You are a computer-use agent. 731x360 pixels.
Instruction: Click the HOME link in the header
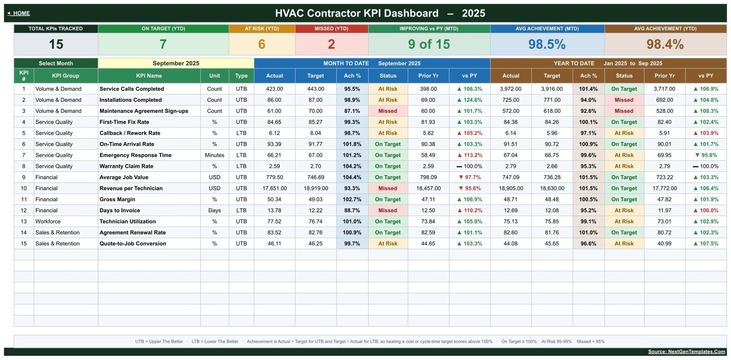coord(19,13)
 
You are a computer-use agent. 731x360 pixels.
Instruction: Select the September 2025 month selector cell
coord(176,64)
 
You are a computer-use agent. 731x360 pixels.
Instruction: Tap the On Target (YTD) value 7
coord(163,44)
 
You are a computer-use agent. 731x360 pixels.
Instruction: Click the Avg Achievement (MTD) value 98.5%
coord(547,44)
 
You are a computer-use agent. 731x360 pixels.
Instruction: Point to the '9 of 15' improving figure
coord(429,44)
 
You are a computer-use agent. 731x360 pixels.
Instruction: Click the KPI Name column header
coord(149,76)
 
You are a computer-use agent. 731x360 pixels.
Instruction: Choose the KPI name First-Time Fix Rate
coord(124,122)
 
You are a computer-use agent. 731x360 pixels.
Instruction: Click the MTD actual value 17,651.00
coord(275,188)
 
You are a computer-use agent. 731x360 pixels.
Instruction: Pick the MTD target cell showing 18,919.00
coord(316,188)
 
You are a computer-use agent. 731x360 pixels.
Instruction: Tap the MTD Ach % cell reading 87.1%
coord(352,111)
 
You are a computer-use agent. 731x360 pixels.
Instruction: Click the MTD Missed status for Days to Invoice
coord(388,211)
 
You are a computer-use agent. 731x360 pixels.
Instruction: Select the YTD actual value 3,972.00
coord(511,89)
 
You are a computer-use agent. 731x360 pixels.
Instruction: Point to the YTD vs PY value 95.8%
coord(706,155)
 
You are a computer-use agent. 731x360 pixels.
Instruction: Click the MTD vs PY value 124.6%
coord(470,100)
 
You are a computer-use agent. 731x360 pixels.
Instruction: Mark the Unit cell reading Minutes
coord(214,155)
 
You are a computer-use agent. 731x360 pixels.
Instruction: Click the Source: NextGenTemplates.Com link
coord(686,351)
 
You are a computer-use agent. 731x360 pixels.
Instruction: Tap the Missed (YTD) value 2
coord(331,44)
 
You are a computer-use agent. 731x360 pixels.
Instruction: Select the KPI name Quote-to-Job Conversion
coord(133,244)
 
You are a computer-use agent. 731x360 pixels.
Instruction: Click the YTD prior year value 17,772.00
coord(665,188)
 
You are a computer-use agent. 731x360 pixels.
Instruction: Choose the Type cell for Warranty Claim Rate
coord(241,166)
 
